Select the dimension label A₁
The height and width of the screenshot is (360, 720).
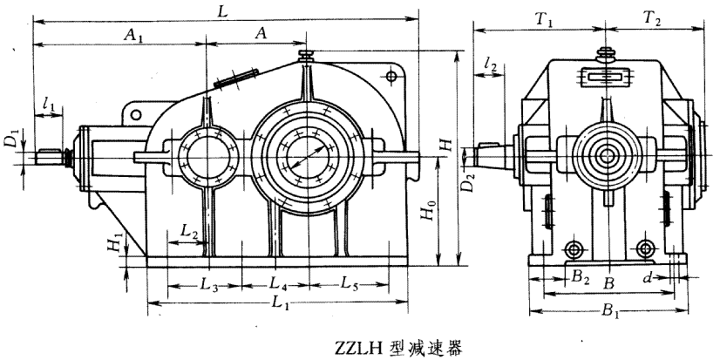[x=133, y=34]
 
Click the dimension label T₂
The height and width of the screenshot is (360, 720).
[x=652, y=18]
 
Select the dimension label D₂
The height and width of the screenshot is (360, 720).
[x=470, y=184]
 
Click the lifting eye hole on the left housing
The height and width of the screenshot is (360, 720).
[x=135, y=113]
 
